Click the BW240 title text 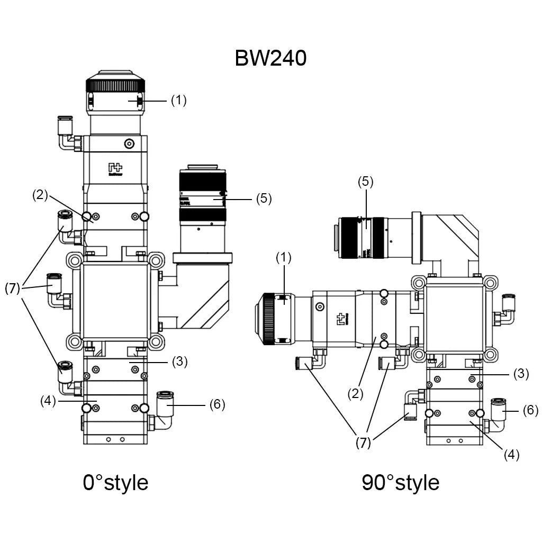point(270,58)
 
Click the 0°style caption point(115,482)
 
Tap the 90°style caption point(400,482)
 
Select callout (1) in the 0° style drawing point(178,101)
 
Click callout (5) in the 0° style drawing point(263,199)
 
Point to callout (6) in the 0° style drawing point(217,405)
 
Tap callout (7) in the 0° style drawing point(13,288)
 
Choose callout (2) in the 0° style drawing point(40,195)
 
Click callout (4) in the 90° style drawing point(511,455)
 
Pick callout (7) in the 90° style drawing point(363,444)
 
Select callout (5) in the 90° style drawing point(365,182)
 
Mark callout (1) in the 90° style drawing point(284,258)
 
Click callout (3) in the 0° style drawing point(180,362)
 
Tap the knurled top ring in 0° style point(115,85)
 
